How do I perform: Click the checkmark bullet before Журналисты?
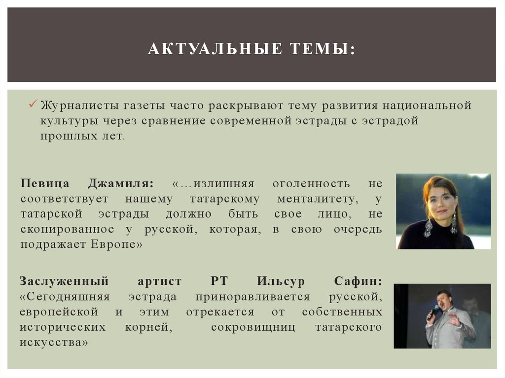click(33, 104)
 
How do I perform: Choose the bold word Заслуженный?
click(64, 281)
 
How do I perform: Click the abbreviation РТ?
click(219, 281)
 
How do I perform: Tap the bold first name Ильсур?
click(280, 281)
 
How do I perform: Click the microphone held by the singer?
click(434, 311)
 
